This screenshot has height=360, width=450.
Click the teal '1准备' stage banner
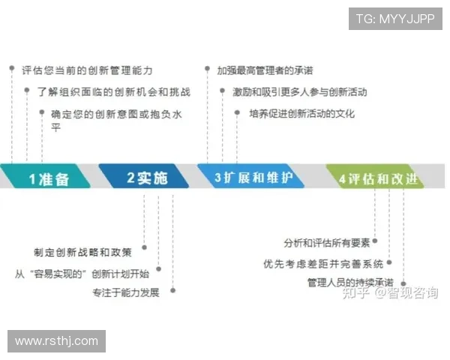point(49,178)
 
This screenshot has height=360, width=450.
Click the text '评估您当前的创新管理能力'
point(87,70)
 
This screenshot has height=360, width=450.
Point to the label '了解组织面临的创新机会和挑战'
point(113,92)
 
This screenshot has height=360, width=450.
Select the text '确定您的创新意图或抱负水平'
point(115,121)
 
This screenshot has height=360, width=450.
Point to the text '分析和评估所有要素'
point(327,242)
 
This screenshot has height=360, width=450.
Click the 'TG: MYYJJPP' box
point(395,18)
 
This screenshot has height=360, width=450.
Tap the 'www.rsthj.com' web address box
point(57,341)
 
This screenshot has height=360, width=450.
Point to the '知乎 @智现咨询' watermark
point(390,293)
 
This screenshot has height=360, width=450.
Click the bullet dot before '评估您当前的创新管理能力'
point(12,68)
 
